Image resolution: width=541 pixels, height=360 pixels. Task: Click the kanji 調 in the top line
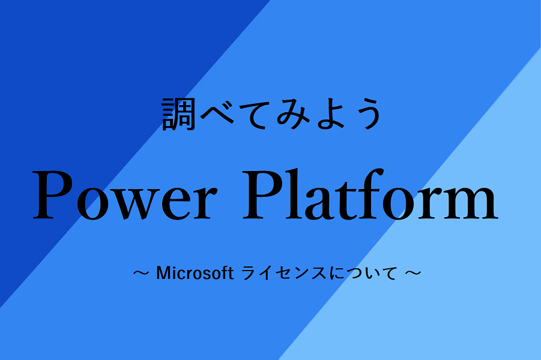[x=178, y=114]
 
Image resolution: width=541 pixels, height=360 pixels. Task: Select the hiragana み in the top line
[x=292, y=115]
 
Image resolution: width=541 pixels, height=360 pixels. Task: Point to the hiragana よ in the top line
[x=330, y=114]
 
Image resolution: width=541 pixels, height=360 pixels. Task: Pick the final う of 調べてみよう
[x=367, y=114]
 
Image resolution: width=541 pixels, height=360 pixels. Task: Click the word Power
[x=125, y=196]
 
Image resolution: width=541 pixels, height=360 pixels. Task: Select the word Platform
[x=370, y=194]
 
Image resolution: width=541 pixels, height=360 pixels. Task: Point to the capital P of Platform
[x=262, y=195]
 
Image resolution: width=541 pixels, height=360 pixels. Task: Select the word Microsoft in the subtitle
[x=195, y=273]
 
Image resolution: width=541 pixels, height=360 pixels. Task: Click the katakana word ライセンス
[x=283, y=273]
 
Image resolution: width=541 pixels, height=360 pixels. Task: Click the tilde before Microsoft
[x=141, y=273]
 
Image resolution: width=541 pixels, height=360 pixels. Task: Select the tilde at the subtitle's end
[x=413, y=273]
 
